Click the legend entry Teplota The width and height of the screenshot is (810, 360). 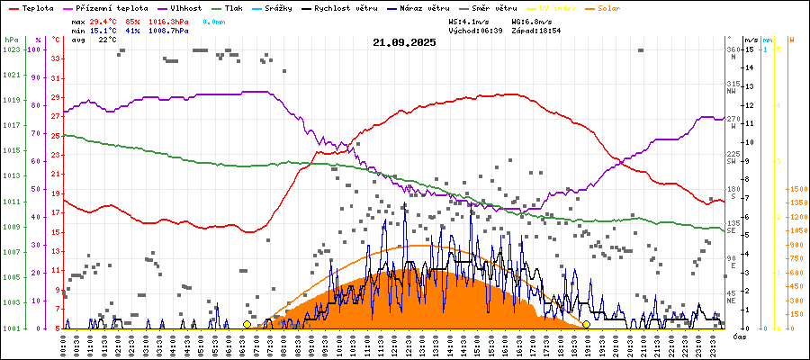[x=35, y=7]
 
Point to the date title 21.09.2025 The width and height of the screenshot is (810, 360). [x=404, y=41]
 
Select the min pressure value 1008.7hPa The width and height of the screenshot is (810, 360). [x=169, y=31]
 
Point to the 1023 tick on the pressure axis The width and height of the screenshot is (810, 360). [x=11, y=49]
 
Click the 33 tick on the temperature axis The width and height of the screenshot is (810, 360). [x=56, y=58]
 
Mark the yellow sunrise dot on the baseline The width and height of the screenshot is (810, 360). [x=247, y=324]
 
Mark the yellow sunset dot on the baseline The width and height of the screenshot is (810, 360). [x=586, y=324]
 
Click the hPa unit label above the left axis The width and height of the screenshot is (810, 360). [x=11, y=40]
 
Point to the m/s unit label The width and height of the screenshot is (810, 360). [x=751, y=40]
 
